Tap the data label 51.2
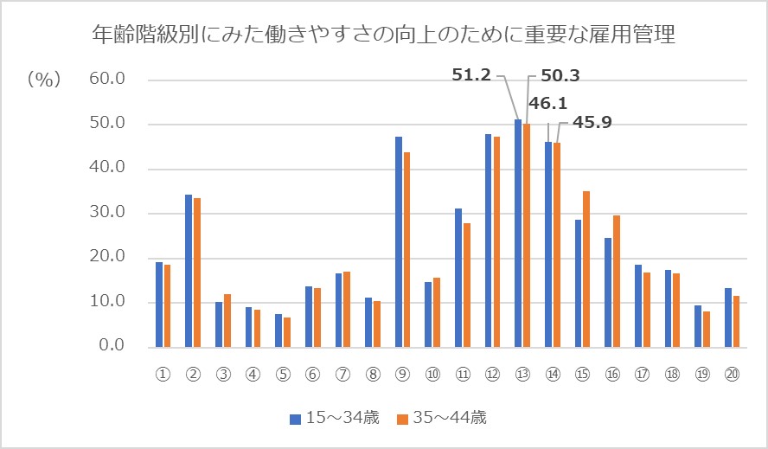[x=471, y=75]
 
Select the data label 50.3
[x=560, y=75]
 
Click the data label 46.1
[x=548, y=104]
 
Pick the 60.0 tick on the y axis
[x=108, y=80]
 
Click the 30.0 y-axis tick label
[x=108, y=213]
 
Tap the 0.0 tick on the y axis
[x=112, y=346]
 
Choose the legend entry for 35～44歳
[x=442, y=419]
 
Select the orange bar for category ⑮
[x=586, y=268]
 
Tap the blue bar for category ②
[x=189, y=270]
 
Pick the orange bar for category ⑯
[x=616, y=280]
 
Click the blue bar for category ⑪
[x=458, y=277]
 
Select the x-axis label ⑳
[x=733, y=375]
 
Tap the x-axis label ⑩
[x=432, y=375]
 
